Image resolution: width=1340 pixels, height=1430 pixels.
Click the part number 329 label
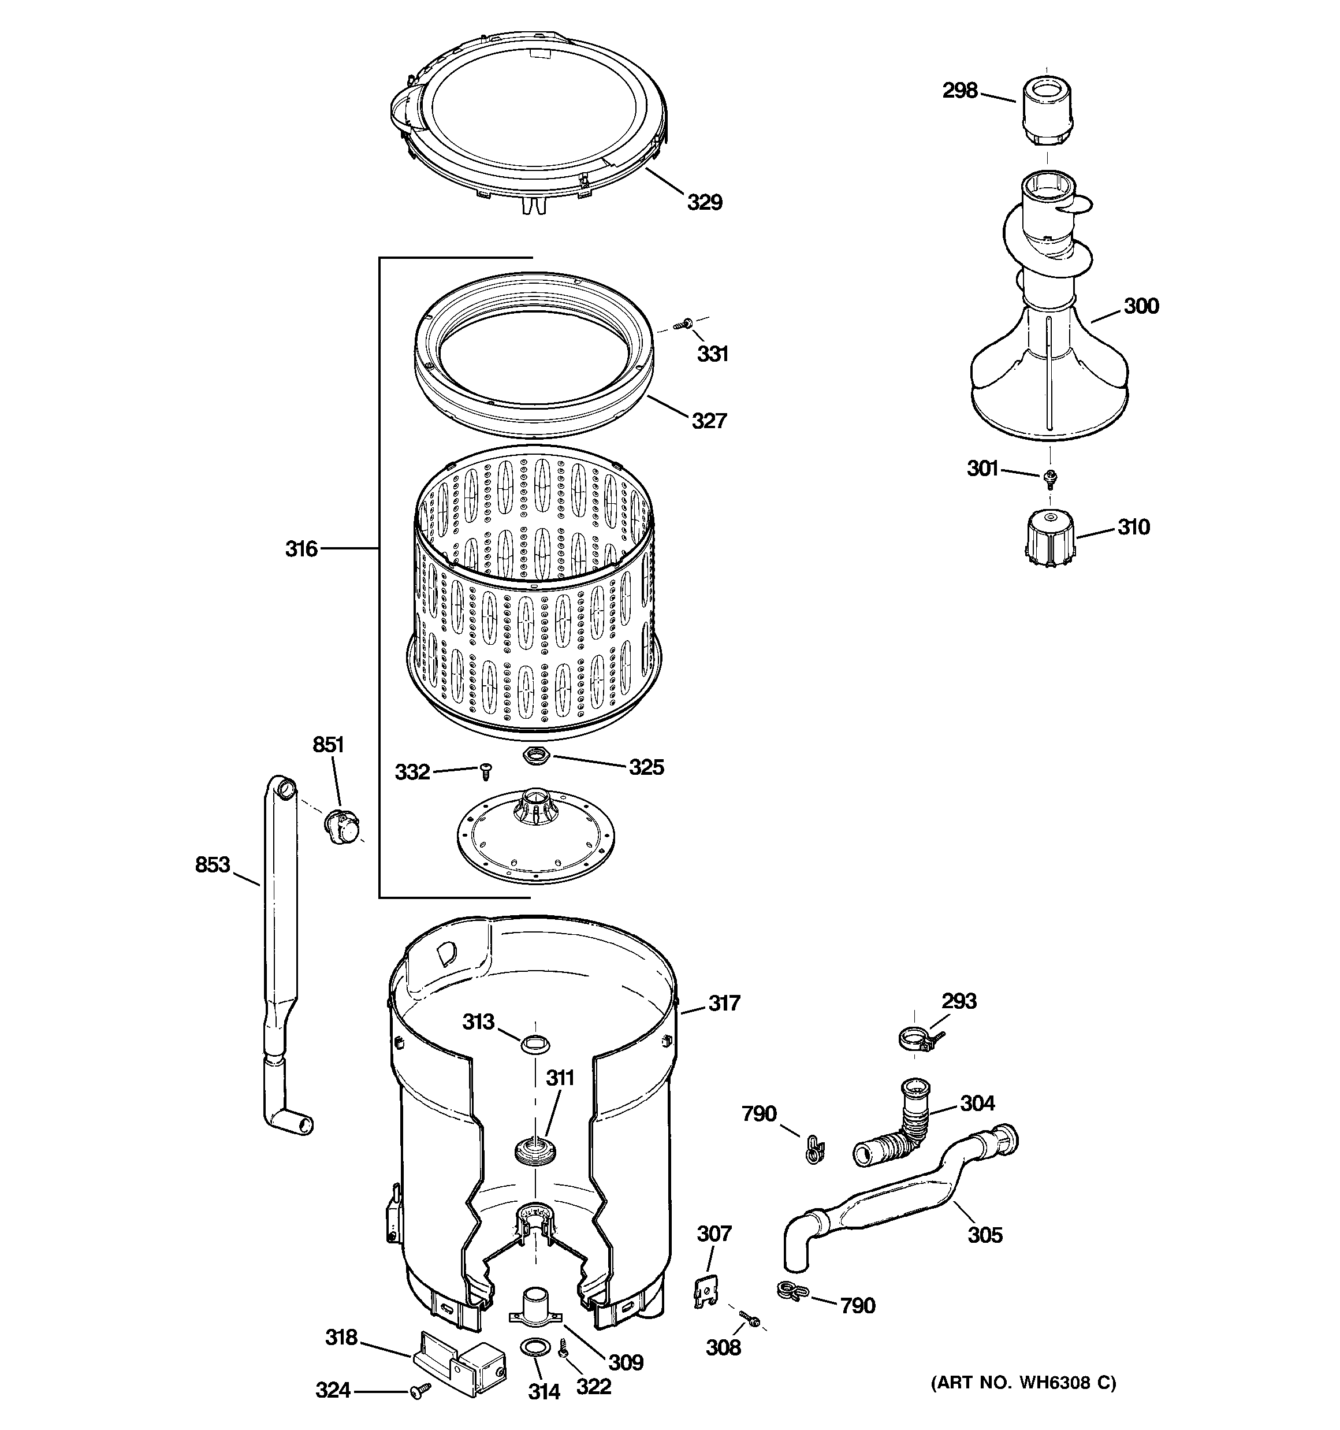[703, 202]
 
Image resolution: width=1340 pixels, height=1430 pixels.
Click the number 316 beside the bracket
[301, 549]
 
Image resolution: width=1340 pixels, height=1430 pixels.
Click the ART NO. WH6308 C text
[1022, 1382]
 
